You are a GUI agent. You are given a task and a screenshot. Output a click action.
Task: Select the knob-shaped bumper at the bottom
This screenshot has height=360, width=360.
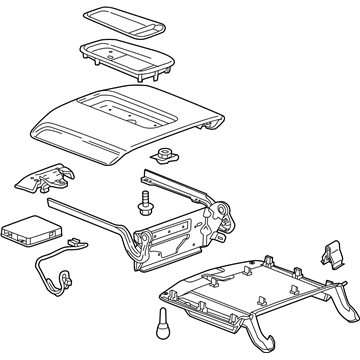(x=163, y=330)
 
